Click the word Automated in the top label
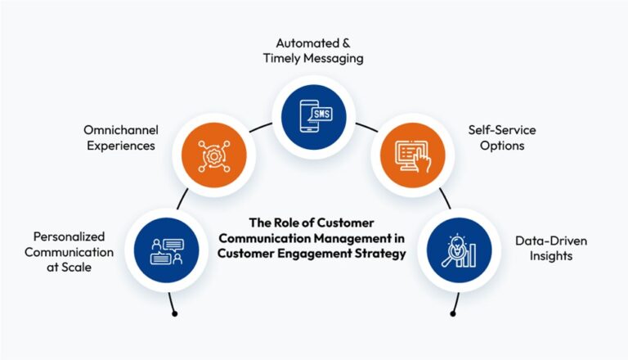[x=299, y=42]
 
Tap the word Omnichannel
[x=120, y=130]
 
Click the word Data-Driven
[x=550, y=241]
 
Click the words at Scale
[x=73, y=268]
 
